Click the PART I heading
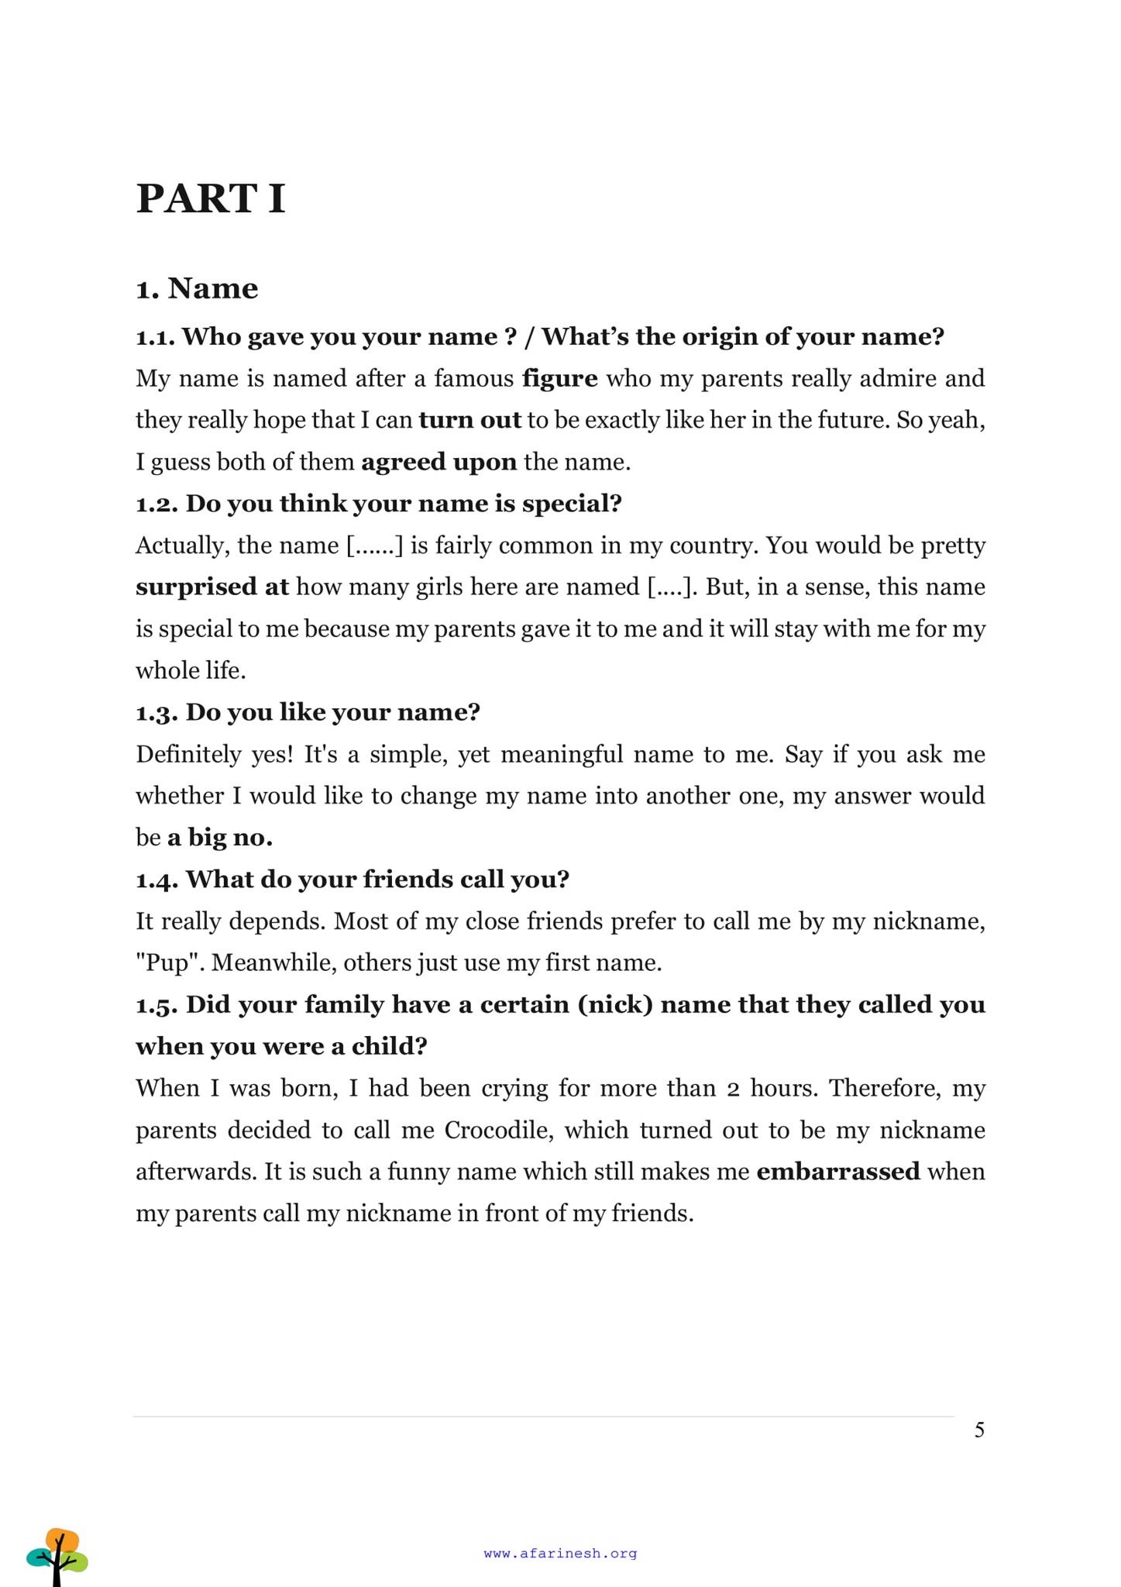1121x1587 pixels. click(211, 198)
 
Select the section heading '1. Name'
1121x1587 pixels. click(197, 288)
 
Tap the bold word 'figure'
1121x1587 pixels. click(560, 378)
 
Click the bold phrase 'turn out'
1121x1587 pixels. click(469, 420)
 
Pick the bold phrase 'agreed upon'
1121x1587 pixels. click(438, 462)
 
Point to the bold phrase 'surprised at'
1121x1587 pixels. click(211, 587)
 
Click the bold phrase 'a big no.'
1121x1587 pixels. click(220, 838)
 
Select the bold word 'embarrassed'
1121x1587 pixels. click(838, 1171)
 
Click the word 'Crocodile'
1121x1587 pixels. click(496, 1130)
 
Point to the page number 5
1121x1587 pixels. click(979, 1430)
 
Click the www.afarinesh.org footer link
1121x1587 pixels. click(560, 1553)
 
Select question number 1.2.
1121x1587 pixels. click(157, 504)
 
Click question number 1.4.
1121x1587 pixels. click(157, 880)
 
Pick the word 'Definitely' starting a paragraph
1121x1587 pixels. click(188, 754)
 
